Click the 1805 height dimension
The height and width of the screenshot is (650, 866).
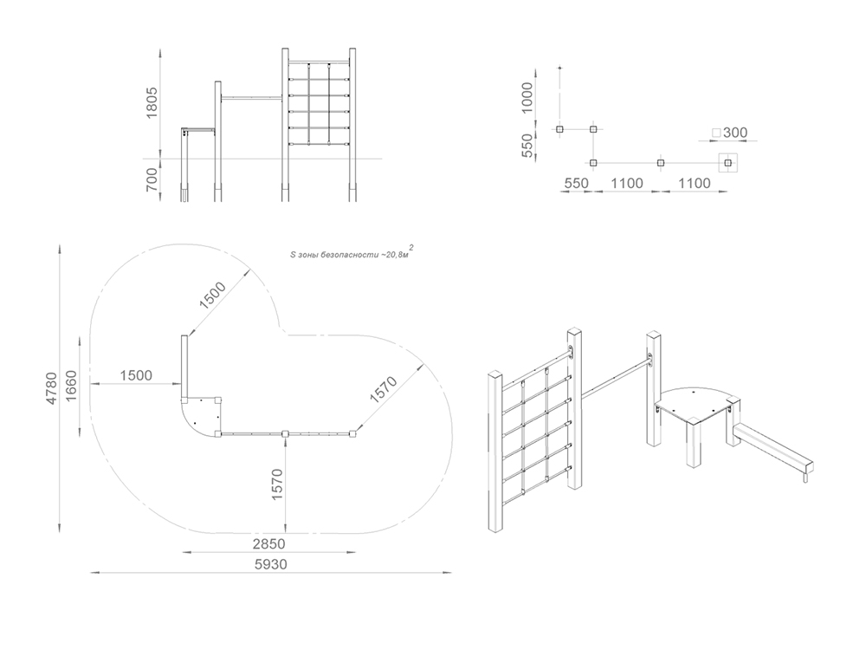[x=152, y=102]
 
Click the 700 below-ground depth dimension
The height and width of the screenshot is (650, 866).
[x=152, y=180]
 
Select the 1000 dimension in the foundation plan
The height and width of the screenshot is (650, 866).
[x=527, y=98]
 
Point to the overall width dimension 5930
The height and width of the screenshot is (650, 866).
[x=270, y=564]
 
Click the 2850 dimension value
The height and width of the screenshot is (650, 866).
[x=269, y=544]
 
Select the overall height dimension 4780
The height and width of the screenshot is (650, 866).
[x=51, y=388]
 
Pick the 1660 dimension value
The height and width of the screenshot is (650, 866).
[x=71, y=387]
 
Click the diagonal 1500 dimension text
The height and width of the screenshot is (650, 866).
[x=213, y=296]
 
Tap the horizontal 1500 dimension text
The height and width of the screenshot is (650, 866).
[x=136, y=375]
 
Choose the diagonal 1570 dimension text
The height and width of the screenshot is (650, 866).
[x=384, y=390]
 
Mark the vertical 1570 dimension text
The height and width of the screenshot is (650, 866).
[x=277, y=484]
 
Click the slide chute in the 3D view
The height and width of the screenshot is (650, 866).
[x=772, y=448]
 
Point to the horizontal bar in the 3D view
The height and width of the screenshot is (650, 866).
[x=615, y=378]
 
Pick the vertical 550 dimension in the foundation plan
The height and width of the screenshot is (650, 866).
[x=527, y=145]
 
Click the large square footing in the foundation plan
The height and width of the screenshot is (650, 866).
[x=727, y=163]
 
